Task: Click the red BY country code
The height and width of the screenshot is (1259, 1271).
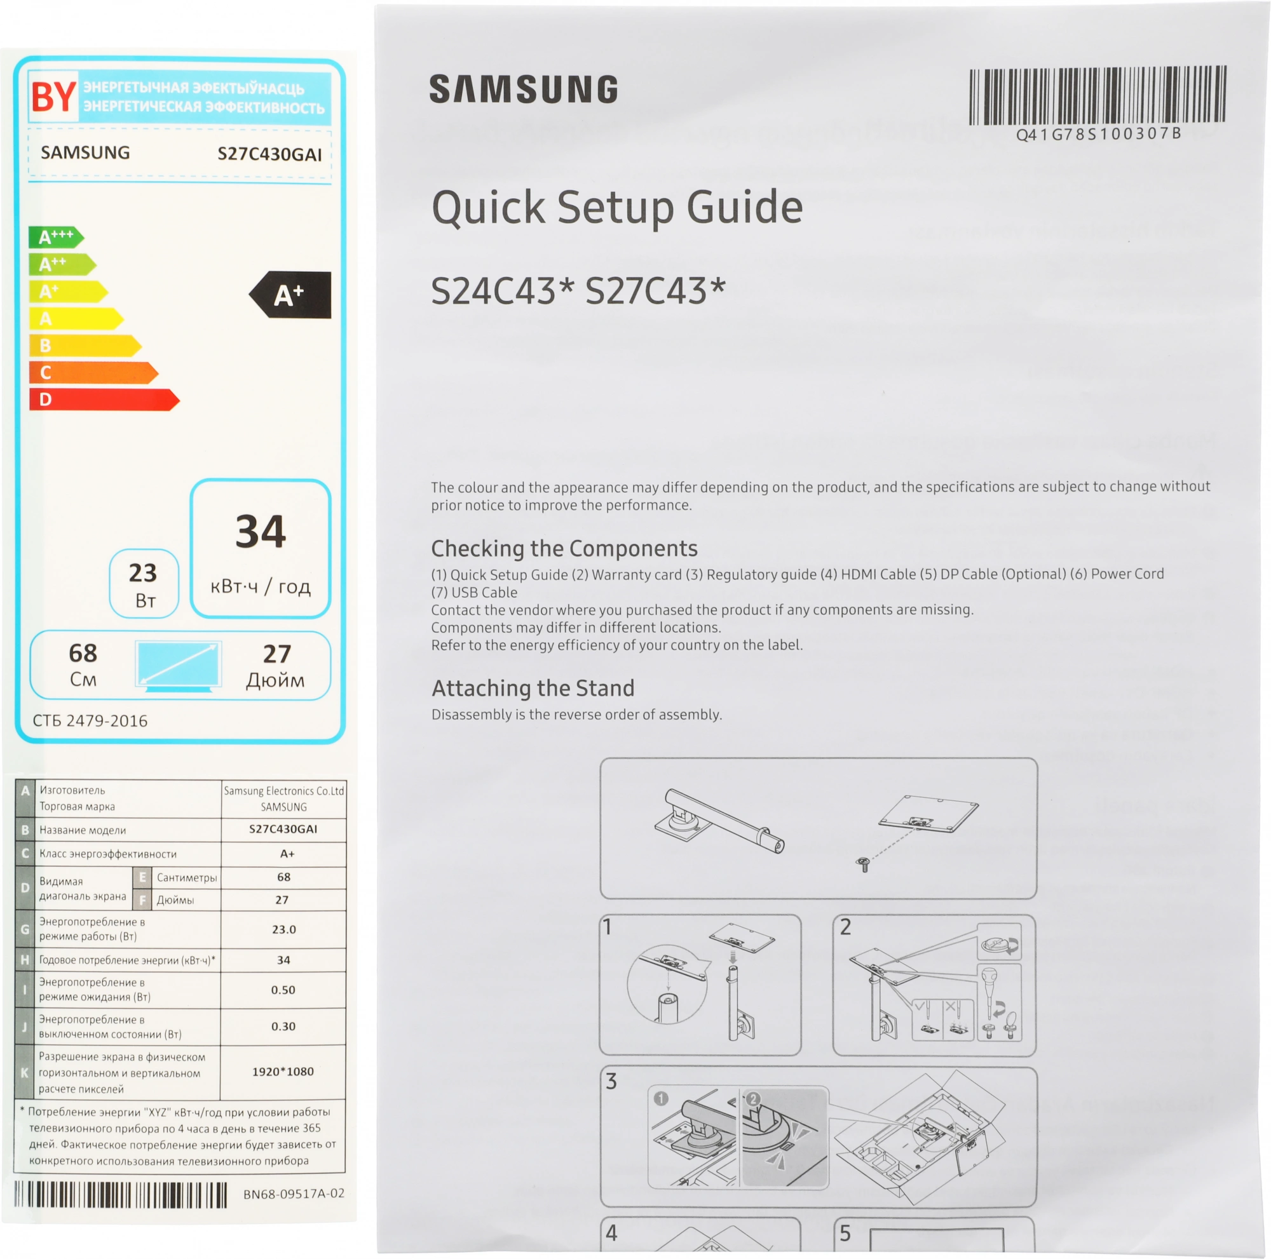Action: point(54,97)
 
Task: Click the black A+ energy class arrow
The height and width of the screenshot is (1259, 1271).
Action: point(290,295)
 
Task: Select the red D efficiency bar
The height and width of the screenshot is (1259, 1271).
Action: point(104,400)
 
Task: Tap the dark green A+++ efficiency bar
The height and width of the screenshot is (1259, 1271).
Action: point(56,237)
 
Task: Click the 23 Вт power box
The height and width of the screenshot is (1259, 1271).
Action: point(144,583)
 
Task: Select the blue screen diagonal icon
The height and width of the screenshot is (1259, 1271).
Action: point(179,666)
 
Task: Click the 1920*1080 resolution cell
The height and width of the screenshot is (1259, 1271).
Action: point(283,1071)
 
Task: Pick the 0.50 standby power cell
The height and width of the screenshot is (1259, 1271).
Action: point(283,990)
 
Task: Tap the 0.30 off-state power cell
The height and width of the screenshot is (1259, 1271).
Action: point(283,1027)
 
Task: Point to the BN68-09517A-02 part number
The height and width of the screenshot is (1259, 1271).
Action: point(294,1194)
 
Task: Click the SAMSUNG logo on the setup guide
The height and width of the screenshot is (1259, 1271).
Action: point(524,89)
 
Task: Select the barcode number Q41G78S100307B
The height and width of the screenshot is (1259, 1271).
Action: point(1098,134)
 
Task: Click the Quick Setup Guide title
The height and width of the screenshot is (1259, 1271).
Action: point(617,208)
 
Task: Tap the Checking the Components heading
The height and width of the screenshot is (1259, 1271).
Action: point(564,548)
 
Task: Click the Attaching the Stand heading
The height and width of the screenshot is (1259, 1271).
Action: point(533,689)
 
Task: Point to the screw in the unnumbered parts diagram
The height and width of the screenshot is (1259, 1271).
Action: point(864,865)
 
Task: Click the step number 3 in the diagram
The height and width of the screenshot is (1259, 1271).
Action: point(611,1082)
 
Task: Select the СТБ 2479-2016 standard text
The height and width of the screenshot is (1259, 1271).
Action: point(90,720)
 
